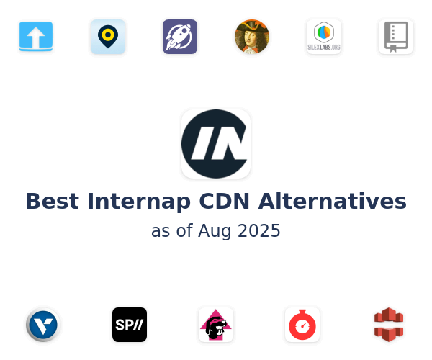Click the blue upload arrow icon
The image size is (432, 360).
coord(36,36)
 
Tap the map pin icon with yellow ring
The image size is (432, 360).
coord(108,37)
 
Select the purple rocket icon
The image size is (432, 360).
coord(180,37)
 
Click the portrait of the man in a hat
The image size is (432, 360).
coord(252,37)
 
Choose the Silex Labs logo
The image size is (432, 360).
coord(324,37)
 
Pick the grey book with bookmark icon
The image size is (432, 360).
coord(396,37)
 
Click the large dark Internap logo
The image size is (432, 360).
coord(216,144)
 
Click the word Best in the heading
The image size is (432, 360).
coord(53,202)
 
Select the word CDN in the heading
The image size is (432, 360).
coord(224,202)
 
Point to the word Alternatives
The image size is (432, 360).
coord(332,202)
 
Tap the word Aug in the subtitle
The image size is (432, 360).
coord(215,232)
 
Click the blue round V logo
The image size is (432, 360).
coord(43,325)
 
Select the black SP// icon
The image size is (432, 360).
coord(130,325)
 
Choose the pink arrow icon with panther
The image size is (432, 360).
coord(216,325)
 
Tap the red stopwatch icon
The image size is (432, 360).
coord(302,325)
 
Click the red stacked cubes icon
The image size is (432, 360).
coord(389,325)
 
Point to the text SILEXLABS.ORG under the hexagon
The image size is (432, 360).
coord(324,47)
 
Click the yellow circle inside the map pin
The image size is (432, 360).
coord(108,35)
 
